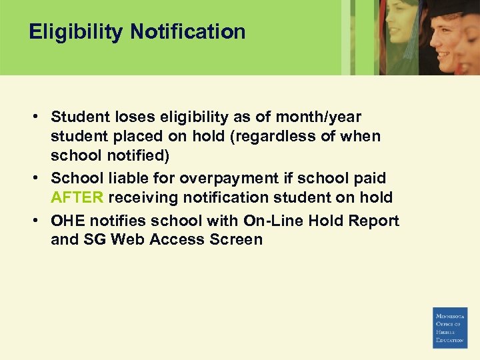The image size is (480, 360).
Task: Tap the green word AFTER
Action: pyautogui.click(x=77, y=198)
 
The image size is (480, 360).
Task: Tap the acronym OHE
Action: pyautogui.click(x=69, y=221)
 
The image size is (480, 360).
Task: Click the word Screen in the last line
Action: pyautogui.click(x=236, y=240)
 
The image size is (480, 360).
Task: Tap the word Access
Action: pyautogui.click(x=177, y=240)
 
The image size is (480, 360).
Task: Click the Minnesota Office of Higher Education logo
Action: pyautogui.click(x=450, y=327)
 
